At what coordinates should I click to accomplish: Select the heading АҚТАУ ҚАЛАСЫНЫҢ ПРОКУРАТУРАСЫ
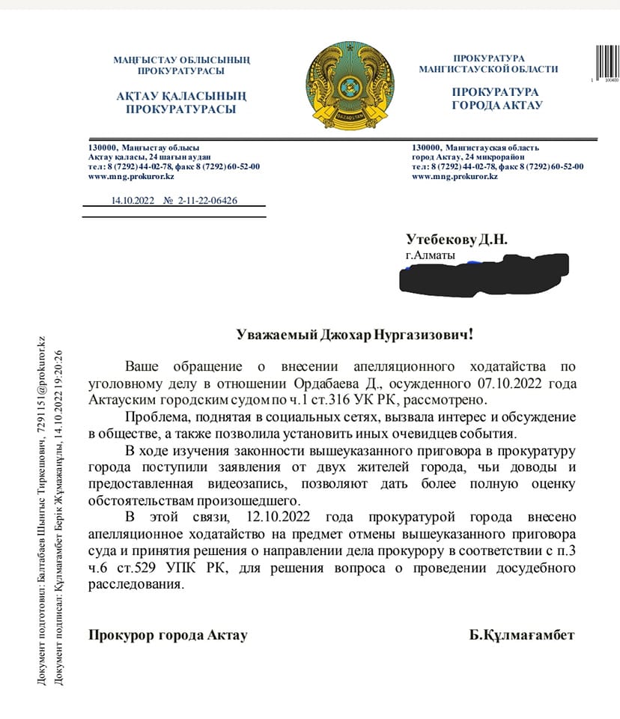180,103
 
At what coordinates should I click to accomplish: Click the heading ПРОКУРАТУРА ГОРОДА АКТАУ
496,98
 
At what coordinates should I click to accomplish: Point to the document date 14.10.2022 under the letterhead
131,201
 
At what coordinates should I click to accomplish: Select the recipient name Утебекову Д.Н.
457,240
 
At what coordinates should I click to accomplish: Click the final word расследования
135,585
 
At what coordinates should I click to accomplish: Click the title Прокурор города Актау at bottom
167,635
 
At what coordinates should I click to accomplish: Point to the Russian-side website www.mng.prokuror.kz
455,177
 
